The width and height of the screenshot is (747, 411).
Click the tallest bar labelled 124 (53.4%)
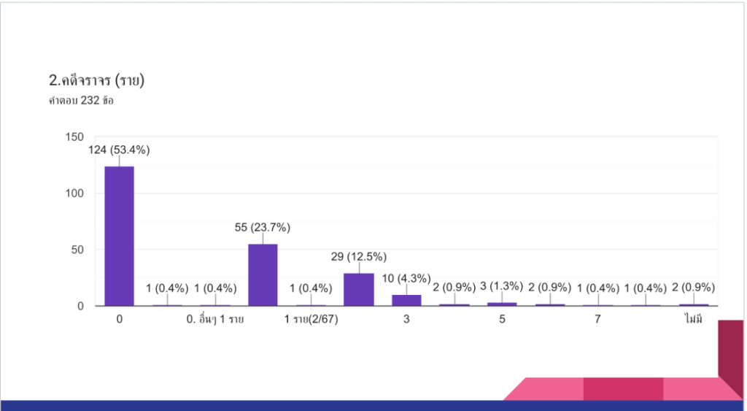(119, 236)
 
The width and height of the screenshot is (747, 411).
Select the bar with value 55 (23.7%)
(263, 274)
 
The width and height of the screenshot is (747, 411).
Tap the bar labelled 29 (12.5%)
(358, 289)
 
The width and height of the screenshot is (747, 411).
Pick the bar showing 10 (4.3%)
(406, 300)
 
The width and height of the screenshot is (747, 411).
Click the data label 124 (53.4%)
(119, 150)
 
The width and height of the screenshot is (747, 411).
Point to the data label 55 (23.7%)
(263, 228)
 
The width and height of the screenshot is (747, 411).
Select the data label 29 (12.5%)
(358, 257)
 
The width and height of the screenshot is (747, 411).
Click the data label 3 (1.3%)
(502, 287)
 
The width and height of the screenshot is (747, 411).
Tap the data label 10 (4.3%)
(406, 278)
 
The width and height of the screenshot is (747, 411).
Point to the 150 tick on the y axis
(74, 137)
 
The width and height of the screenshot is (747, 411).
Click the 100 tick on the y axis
(74, 193)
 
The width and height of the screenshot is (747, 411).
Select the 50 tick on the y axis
(77, 250)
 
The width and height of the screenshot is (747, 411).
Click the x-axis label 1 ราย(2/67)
(311, 320)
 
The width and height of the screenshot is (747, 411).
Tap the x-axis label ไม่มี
(693, 320)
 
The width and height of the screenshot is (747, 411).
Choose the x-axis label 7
(597, 320)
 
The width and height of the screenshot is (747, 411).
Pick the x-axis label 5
(502, 320)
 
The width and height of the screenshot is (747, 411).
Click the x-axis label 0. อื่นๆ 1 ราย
(215, 320)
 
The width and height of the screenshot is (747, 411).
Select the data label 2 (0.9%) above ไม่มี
(693, 287)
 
